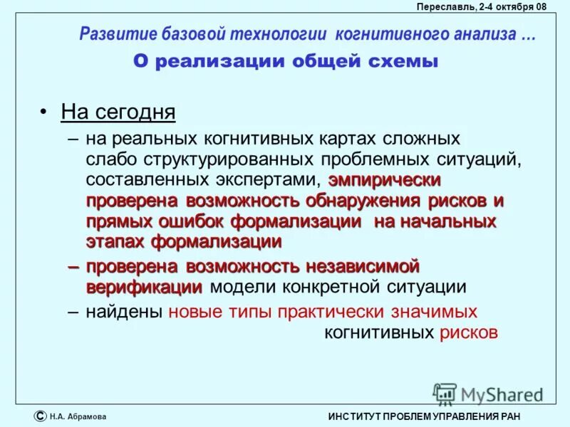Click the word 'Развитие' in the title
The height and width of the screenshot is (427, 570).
point(113,34)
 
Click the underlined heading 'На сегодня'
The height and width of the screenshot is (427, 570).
point(118,112)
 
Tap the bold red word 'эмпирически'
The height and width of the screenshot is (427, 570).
point(385,179)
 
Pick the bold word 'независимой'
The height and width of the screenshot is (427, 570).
point(362,266)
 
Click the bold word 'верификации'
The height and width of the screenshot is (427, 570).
point(145,287)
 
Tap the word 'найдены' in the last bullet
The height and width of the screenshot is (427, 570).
point(125,311)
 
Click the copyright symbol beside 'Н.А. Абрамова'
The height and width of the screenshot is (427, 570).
point(40,416)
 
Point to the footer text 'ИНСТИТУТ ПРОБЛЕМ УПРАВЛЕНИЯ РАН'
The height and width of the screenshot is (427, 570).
point(425,416)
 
